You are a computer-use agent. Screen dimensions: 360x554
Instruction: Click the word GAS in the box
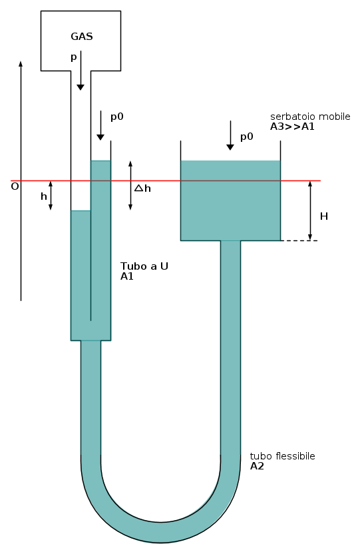pos(82,37)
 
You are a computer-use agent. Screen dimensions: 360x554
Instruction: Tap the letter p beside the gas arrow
pos(74,57)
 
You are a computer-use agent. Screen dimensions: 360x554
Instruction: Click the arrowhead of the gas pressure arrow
pos(81,87)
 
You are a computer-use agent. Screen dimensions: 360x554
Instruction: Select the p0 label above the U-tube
pos(117,117)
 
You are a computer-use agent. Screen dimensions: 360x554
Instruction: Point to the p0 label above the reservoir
pos(247,137)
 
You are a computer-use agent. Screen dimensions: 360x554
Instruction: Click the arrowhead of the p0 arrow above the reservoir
pos(230,147)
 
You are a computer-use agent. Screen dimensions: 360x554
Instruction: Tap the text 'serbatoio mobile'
pos(310,117)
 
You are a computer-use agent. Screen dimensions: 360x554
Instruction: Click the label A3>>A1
pos(292,127)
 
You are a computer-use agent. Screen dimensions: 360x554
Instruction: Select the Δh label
pos(142,188)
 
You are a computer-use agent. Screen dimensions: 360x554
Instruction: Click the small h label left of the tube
pos(44,196)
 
